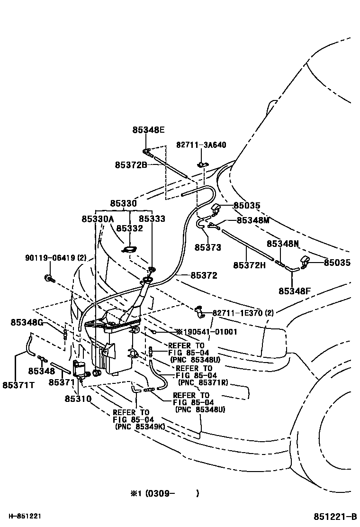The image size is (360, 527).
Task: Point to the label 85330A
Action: (x=98, y=219)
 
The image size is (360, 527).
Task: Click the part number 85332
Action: (x=129, y=228)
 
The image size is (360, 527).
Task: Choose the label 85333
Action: (x=152, y=219)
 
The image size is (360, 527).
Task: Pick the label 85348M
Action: (x=253, y=220)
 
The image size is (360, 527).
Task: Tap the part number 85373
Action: (x=207, y=247)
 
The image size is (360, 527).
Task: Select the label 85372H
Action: (x=249, y=264)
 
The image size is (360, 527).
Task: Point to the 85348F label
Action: (x=294, y=291)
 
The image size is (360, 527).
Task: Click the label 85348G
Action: (x=27, y=323)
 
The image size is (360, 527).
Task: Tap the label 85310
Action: (x=78, y=399)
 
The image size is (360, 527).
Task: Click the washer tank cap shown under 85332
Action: (x=129, y=250)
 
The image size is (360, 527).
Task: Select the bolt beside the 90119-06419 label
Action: (x=48, y=278)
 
